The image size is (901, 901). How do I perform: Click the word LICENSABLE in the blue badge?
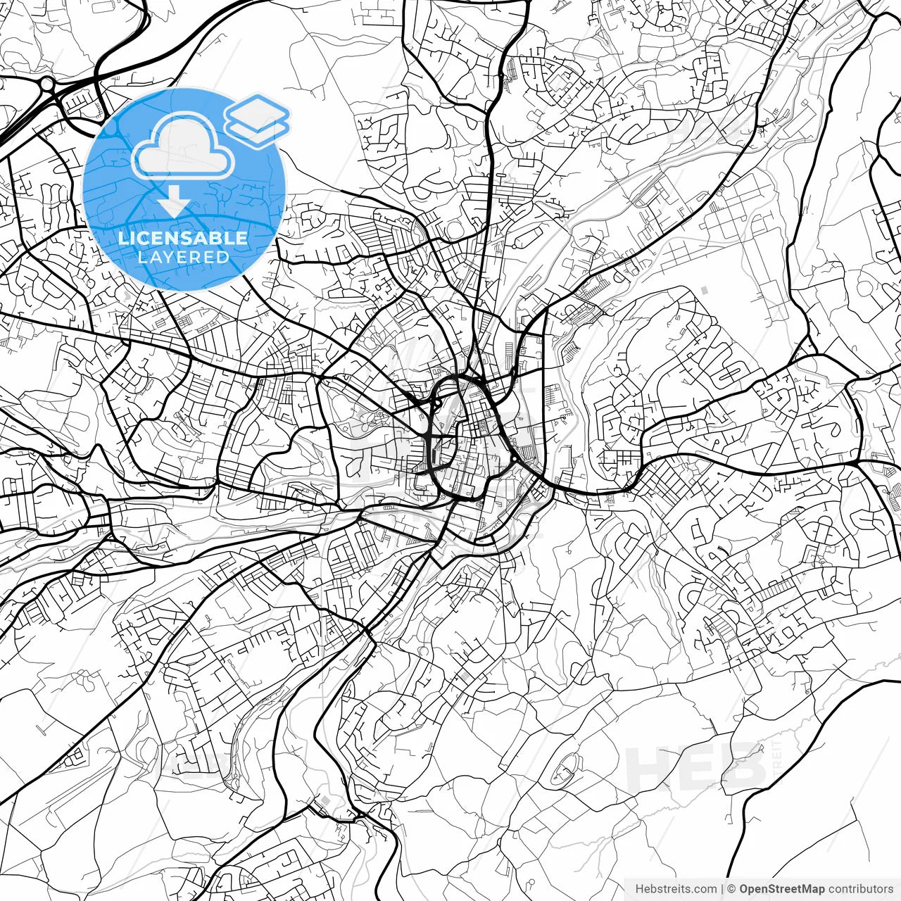tap(183, 238)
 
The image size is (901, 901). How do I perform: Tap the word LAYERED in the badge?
tap(183, 257)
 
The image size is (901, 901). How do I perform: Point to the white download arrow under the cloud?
tap(173, 204)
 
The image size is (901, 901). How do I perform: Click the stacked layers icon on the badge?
tap(257, 120)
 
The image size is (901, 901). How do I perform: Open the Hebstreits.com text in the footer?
tap(676, 889)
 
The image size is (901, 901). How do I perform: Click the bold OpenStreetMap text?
tap(782, 889)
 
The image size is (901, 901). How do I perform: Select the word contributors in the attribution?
tap(861, 889)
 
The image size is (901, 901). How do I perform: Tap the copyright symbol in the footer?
tap(731, 889)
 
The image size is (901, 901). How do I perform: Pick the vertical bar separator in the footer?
tap(723, 889)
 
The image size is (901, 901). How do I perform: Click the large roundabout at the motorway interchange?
tap(47, 84)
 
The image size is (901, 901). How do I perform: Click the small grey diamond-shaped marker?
tap(326, 801)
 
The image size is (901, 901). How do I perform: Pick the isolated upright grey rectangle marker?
tap(705, 289)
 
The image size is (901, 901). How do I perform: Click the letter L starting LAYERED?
tap(141, 257)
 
